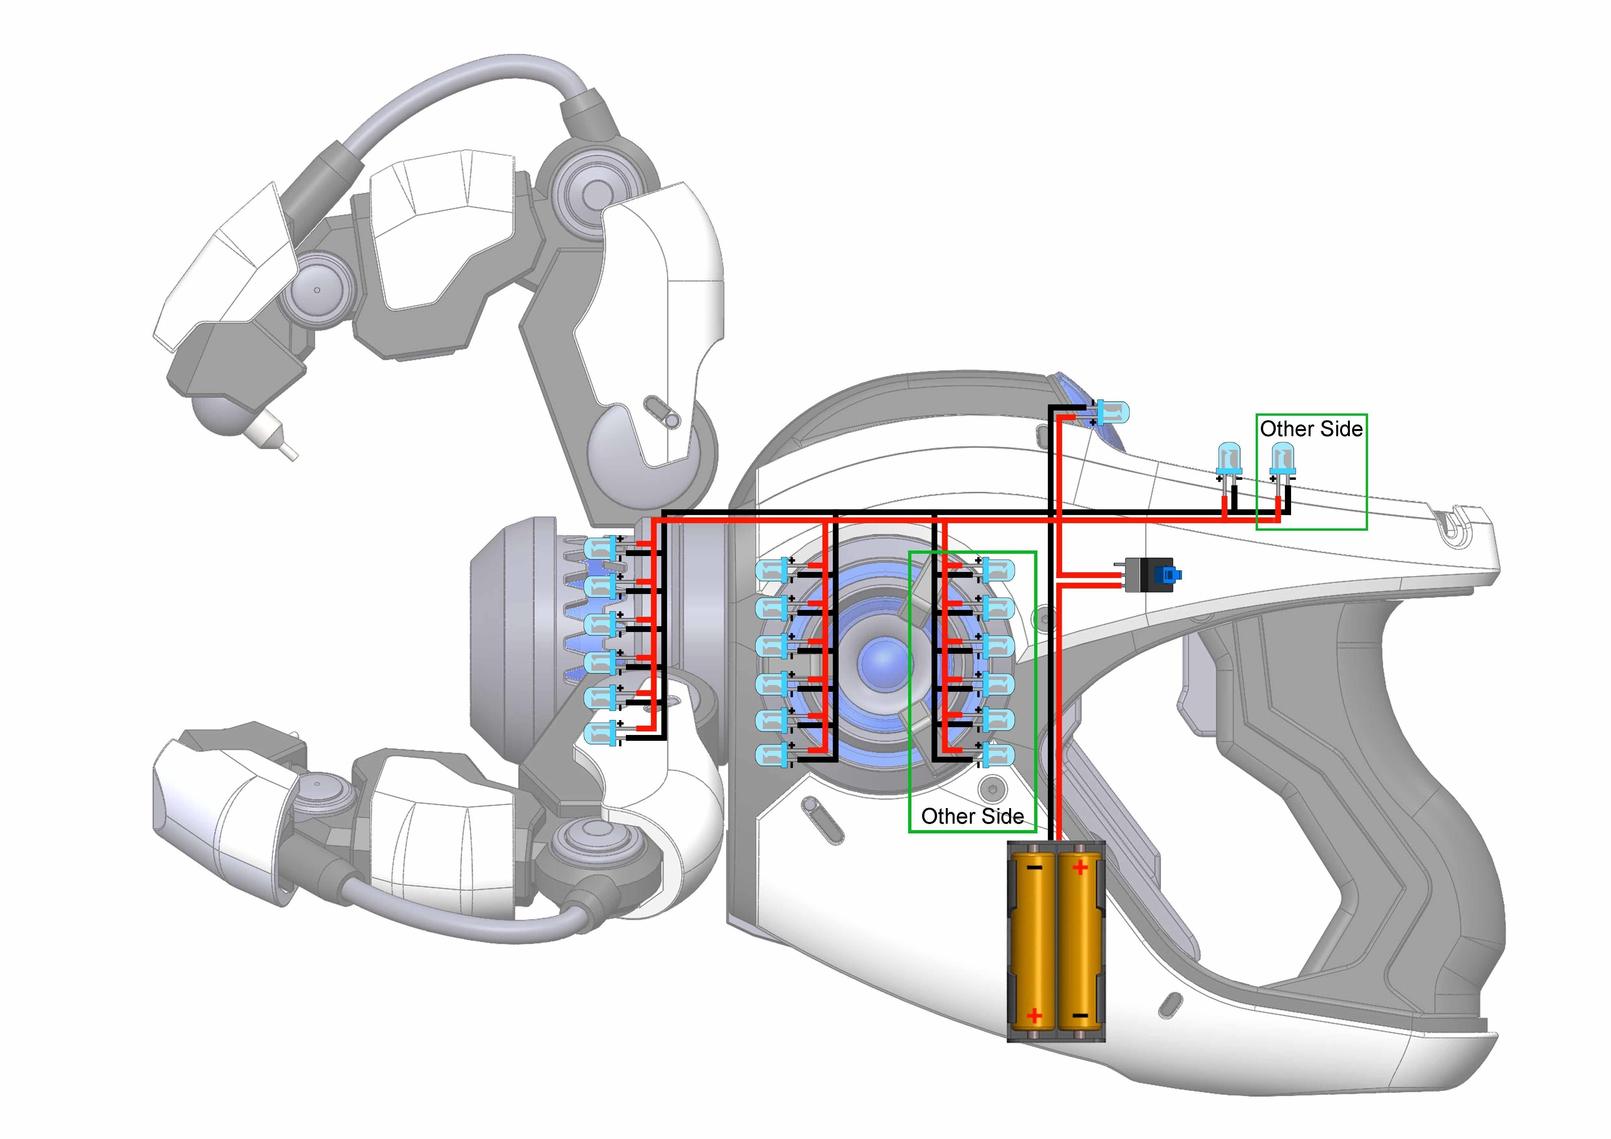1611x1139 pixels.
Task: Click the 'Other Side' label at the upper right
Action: tap(1312, 429)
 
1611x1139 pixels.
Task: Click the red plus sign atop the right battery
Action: tap(1080, 868)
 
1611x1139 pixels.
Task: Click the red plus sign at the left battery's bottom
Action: tap(1034, 1015)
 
